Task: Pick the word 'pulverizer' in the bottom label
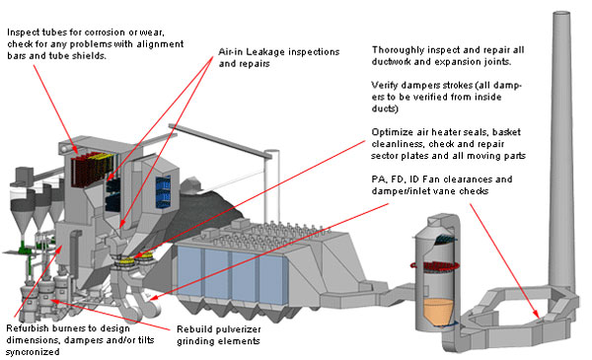[240, 329]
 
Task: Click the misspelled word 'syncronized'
[33, 352]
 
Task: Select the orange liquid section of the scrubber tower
[438, 311]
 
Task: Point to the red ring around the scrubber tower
[434, 266]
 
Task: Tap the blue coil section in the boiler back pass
[163, 192]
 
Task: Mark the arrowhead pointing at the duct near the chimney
[536, 315]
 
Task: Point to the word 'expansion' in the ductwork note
[462, 62]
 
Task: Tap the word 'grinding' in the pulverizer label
[192, 341]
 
